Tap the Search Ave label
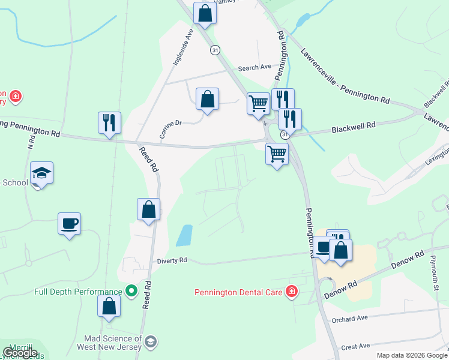(255, 68)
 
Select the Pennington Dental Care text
(240, 293)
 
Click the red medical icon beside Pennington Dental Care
(292, 292)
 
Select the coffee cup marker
(69, 223)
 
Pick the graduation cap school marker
(42, 173)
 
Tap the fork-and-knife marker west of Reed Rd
(109, 122)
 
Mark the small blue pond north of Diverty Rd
(184, 235)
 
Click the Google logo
(20, 353)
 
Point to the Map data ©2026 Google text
(411, 355)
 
